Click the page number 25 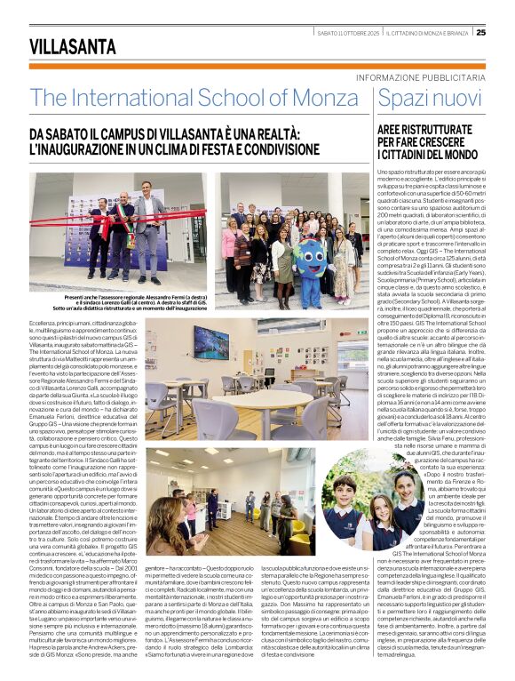[x=480, y=32]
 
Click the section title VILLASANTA [x=72, y=45]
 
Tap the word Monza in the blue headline [x=322, y=97]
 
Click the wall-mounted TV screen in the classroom [x=211, y=338]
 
